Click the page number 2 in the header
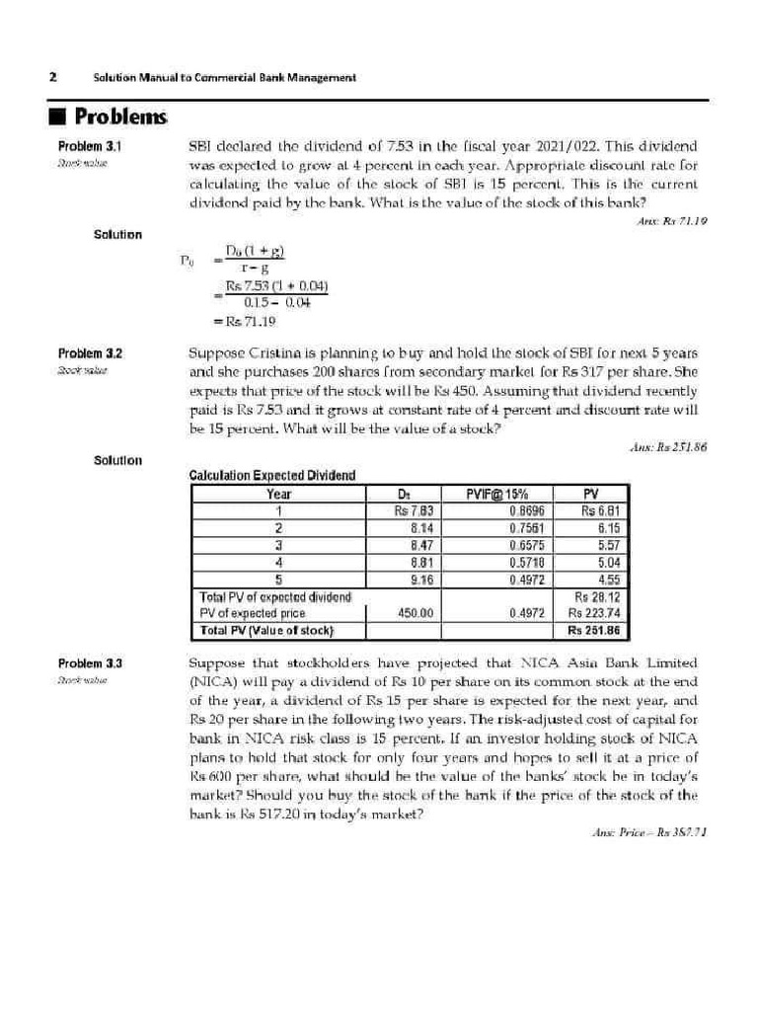51,77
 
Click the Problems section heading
120,117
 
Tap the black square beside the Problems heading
58,118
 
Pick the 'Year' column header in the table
279,495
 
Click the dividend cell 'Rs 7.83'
414,511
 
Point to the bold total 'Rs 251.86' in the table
599,630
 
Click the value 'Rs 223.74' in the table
599,613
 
